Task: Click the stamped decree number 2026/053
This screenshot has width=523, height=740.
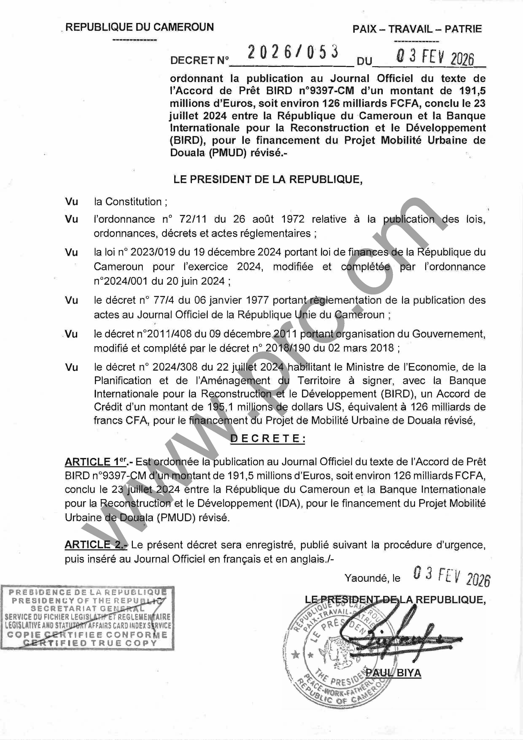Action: pos(293,52)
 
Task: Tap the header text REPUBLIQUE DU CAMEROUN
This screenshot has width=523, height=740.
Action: pos(140,27)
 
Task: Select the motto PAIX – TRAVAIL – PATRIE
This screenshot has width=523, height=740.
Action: pos(417,29)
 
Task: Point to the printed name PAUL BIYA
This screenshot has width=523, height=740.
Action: pos(394,673)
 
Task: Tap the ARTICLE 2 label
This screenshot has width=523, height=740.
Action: pos(96,545)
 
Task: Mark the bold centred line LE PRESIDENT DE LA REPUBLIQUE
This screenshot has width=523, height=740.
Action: pos(268,180)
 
